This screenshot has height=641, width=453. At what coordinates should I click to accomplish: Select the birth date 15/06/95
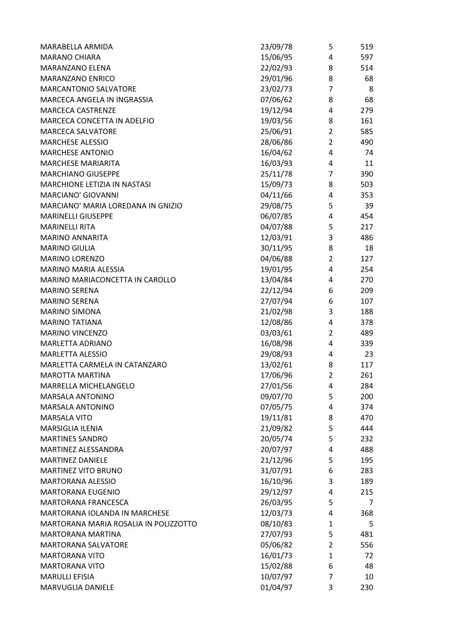point(276,58)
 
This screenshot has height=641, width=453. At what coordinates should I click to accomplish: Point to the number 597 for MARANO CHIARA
point(367,58)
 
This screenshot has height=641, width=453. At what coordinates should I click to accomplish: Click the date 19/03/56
point(276,121)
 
